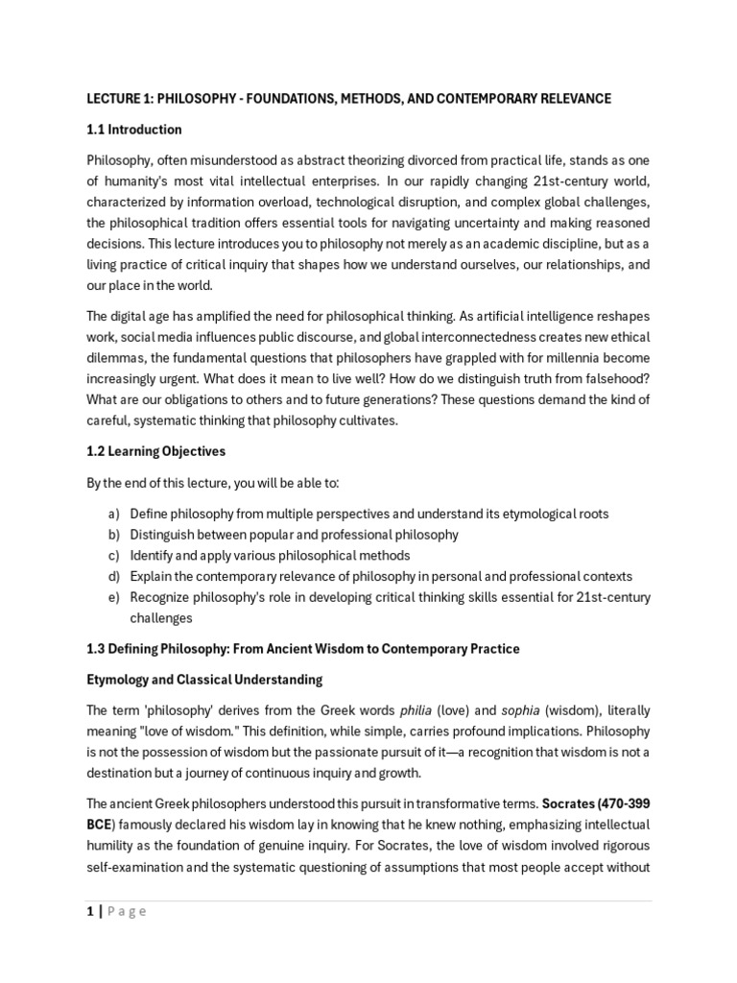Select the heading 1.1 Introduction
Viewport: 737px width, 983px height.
click(x=133, y=130)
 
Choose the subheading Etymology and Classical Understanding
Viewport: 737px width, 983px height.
click(x=204, y=680)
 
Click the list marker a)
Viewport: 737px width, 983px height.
click(x=113, y=514)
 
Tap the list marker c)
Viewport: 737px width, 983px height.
click(x=113, y=555)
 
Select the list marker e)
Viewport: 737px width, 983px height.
click(x=113, y=597)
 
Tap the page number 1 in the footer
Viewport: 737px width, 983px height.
click(x=89, y=912)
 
